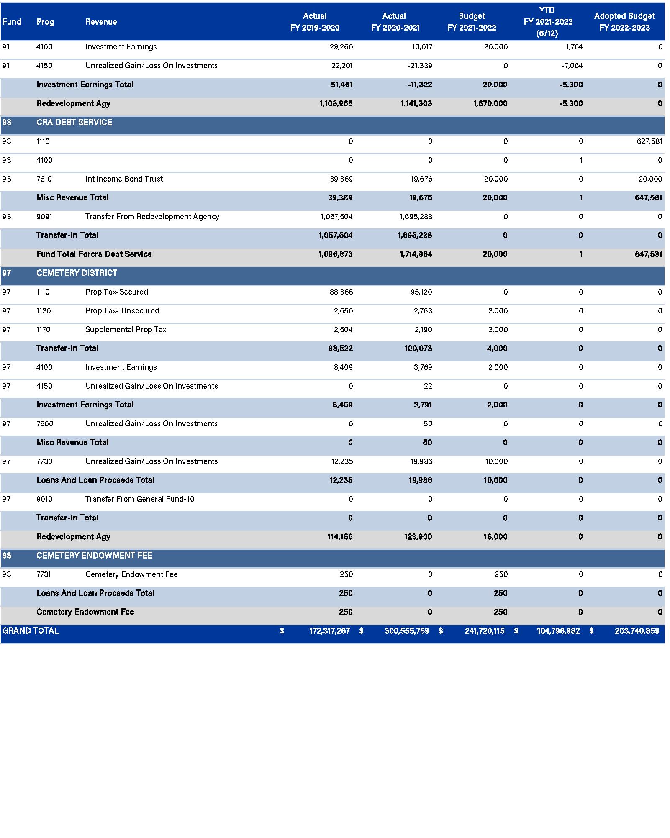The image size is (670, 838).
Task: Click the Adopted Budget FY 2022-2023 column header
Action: pyautogui.click(x=624, y=22)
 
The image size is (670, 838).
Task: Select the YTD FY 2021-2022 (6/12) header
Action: pyautogui.click(x=547, y=22)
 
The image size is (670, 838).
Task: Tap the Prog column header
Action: pyautogui.click(x=45, y=22)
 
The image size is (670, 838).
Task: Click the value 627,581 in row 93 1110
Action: pyautogui.click(x=649, y=141)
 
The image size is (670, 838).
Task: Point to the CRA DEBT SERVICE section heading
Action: pyautogui.click(x=74, y=122)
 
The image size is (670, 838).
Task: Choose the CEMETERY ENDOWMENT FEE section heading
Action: pyautogui.click(x=94, y=555)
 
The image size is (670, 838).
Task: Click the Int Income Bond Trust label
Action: pyautogui.click(x=124, y=179)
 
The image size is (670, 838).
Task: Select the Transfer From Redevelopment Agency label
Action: pyautogui.click(x=152, y=217)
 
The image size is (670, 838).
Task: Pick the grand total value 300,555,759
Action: pyautogui.click(x=406, y=631)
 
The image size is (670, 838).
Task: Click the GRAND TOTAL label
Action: pyautogui.click(x=31, y=631)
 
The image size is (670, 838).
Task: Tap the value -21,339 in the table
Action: pyautogui.click(x=420, y=66)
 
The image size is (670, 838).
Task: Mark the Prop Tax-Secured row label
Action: pyautogui.click(x=116, y=292)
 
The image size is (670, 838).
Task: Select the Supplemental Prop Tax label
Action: pyautogui.click(x=126, y=330)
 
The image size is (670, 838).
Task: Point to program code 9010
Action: pyautogui.click(x=44, y=499)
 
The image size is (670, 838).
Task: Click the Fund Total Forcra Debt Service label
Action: pyautogui.click(x=94, y=254)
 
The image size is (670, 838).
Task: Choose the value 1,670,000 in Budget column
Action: pyautogui.click(x=490, y=103)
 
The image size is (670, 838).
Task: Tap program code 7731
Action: pyautogui.click(x=44, y=574)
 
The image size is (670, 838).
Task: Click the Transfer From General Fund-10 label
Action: pyautogui.click(x=139, y=499)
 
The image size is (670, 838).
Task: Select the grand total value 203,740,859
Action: pyautogui.click(x=637, y=631)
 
